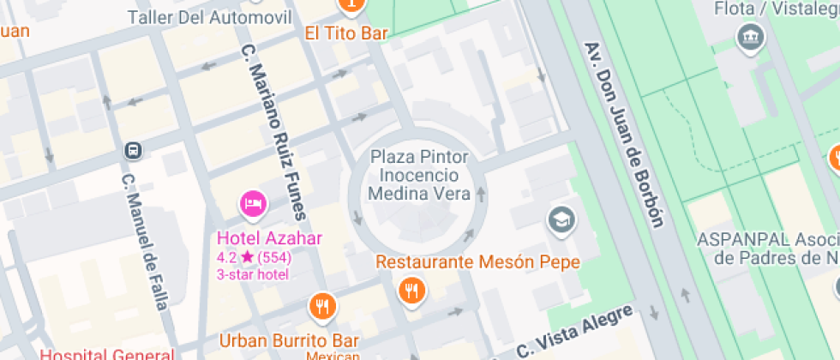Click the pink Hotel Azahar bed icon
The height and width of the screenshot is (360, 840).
point(253,204)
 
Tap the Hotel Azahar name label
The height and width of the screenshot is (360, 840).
point(269,238)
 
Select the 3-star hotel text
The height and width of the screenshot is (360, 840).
point(253,274)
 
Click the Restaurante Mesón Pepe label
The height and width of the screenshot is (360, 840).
point(477,262)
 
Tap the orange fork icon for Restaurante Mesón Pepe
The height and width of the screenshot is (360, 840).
point(412,291)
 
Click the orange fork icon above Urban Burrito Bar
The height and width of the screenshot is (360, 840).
point(322,304)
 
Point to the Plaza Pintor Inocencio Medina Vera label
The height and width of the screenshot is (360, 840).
point(420,175)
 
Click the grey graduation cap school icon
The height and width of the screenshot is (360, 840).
point(561,219)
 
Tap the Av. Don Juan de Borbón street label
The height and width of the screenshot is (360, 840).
point(623,135)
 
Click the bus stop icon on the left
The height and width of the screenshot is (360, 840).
point(134,151)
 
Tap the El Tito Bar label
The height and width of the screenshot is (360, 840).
point(346,33)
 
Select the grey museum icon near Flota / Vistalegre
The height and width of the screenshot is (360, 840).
point(751,38)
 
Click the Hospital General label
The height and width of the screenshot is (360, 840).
point(107,354)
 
